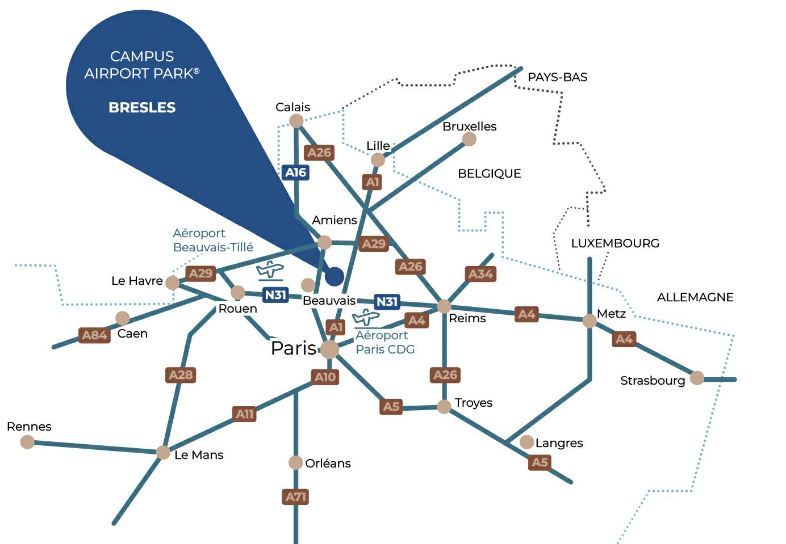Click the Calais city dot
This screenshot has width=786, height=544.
click(296, 120)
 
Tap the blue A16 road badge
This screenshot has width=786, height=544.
click(295, 172)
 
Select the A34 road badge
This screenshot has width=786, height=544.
click(480, 274)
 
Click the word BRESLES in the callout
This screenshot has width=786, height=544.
click(142, 107)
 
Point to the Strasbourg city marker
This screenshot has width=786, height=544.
click(697, 378)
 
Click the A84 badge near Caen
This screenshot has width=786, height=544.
click(95, 335)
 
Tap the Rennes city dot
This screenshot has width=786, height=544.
click(27, 442)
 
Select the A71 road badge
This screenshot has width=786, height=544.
click(295, 497)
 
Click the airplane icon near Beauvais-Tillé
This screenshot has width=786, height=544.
click(270, 271)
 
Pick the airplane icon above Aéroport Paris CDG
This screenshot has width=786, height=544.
click(366, 318)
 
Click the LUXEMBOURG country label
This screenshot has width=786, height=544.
click(615, 243)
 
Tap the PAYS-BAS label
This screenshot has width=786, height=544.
click(557, 77)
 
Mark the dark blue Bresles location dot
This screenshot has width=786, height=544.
click(335, 276)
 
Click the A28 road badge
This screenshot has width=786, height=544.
click(181, 374)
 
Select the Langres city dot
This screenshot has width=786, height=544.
click(526, 442)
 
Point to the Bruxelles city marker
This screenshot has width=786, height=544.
click(469, 139)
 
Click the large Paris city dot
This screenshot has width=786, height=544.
click(329, 349)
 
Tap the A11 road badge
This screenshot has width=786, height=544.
click(245, 414)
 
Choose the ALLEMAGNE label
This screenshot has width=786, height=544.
click(695, 297)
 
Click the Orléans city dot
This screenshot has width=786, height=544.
click(295, 463)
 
